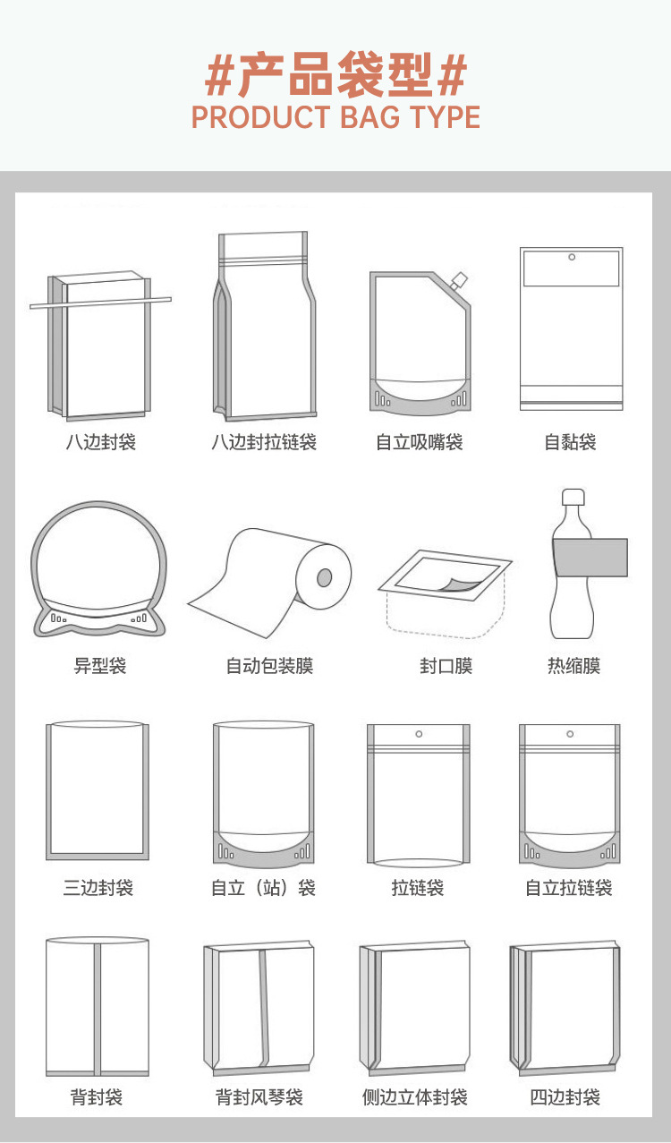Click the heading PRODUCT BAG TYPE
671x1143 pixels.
[x=335, y=117]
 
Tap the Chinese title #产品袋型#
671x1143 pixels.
[x=335, y=75]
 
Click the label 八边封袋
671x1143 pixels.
[x=100, y=442]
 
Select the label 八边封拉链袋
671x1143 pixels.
[x=264, y=442]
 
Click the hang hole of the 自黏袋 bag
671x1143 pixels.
[x=572, y=258]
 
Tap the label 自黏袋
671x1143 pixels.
[x=570, y=442]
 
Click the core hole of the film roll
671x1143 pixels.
[x=324, y=577]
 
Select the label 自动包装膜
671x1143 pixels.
[x=269, y=666]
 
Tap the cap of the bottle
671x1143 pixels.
[x=573, y=498]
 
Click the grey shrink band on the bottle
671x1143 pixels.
[x=590, y=557]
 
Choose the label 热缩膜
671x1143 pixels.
[x=573, y=666]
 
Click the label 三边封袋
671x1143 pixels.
[x=98, y=888]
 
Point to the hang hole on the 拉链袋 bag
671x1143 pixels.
[x=418, y=735]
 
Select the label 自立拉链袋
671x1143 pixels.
[x=569, y=888]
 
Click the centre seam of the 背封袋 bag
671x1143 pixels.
[x=98, y=1007]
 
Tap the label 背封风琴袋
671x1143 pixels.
[x=259, y=1097]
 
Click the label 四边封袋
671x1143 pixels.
[x=565, y=1097]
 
